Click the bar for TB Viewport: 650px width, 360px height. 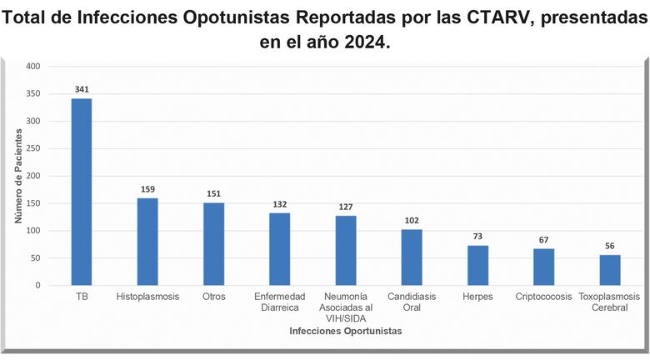82,192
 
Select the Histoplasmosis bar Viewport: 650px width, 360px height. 147,242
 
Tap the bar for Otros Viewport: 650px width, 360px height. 214,243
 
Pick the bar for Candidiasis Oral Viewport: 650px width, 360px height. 412,257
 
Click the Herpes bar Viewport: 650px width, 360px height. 477,265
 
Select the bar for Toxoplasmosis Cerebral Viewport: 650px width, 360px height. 610,270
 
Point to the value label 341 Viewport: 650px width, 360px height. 82,90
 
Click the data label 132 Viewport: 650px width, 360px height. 280,204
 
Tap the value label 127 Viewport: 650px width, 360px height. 346,207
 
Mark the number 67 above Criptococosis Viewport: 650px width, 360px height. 544,240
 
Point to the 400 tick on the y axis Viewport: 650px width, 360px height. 32,66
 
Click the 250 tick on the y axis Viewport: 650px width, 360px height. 32,148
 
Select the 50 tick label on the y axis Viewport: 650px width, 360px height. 35,258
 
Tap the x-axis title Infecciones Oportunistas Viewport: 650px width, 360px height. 345,332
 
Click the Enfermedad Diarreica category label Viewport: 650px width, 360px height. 280,302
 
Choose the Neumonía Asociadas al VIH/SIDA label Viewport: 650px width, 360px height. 346,307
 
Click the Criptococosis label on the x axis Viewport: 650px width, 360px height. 544,297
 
